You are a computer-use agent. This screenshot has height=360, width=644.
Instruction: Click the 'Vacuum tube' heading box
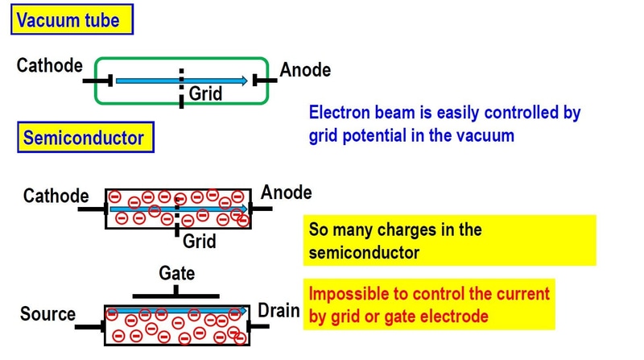(70, 19)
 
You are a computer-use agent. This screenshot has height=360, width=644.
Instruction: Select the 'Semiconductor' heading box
(83, 138)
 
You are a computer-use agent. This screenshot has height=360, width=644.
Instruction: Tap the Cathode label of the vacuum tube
(49, 65)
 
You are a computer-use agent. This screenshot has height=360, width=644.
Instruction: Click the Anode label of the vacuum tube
(305, 70)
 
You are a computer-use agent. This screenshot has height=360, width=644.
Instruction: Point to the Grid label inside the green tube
(205, 95)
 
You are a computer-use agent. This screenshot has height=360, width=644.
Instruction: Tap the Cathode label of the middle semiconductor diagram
(56, 196)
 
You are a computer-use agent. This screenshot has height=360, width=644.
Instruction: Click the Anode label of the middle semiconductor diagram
(286, 193)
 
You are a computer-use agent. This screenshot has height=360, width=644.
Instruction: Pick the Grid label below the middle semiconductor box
(199, 240)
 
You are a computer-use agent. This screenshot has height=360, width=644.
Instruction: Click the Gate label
(176, 273)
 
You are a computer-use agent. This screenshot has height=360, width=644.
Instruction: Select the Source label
(47, 314)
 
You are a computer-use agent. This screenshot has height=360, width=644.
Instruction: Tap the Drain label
(279, 311)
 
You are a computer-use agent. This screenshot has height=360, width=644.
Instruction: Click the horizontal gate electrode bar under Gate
(176, 296)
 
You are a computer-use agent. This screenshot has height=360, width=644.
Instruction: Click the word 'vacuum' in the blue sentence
(485, 135)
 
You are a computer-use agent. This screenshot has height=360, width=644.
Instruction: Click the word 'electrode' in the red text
(452, 317)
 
